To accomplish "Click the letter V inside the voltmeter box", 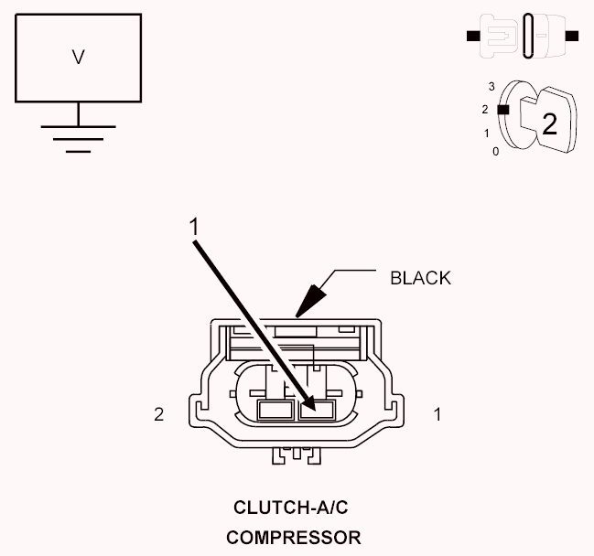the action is (78, 58).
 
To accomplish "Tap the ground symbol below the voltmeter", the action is (78, 139).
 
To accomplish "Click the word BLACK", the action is (420, 278).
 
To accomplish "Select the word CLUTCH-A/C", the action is (290, 508).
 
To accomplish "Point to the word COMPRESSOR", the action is (294, 538).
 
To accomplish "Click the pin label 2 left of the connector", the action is (159, 414).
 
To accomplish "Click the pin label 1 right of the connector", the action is (437, 414).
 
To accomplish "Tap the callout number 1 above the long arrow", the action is (194, 227).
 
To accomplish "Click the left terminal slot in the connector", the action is (275, 411).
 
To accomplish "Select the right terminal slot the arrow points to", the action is (317, 411).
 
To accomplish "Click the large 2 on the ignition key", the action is (550, 124).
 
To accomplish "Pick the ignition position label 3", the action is (491, 87).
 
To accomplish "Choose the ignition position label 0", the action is (495, 152).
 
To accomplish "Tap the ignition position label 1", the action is (486, 134).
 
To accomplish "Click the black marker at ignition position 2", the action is (503, 110).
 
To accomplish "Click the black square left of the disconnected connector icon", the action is (473, 36).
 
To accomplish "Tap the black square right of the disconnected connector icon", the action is (572, 36).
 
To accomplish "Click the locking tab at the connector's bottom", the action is (297, 455).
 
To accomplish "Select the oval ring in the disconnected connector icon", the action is (528, 36).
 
